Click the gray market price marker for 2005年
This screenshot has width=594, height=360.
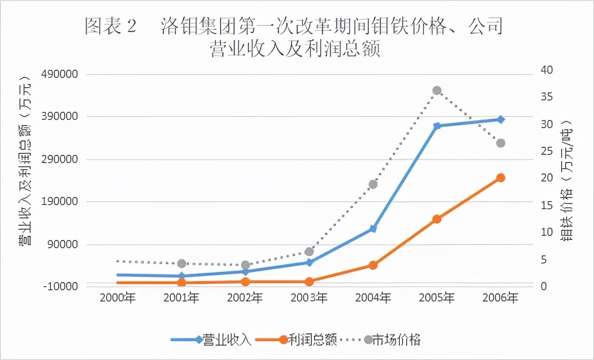click(x=437, y=91)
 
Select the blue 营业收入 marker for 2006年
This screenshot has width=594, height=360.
click(x=501, y=119)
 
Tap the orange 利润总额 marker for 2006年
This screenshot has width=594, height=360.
click(x=501, y=178)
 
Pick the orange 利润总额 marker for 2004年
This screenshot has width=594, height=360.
click(x=373, y=265)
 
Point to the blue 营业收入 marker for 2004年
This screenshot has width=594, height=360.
click(x=373, y=229)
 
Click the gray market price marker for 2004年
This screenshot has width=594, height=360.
click(x=373, y=185)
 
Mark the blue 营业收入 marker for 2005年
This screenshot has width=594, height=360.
click(x=437, y=126)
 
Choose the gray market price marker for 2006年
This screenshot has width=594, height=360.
click(x=501, y=143)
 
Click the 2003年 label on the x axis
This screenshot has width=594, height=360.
click(x=309, y=298)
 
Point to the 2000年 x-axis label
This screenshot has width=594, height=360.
click(x=117, y=298)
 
